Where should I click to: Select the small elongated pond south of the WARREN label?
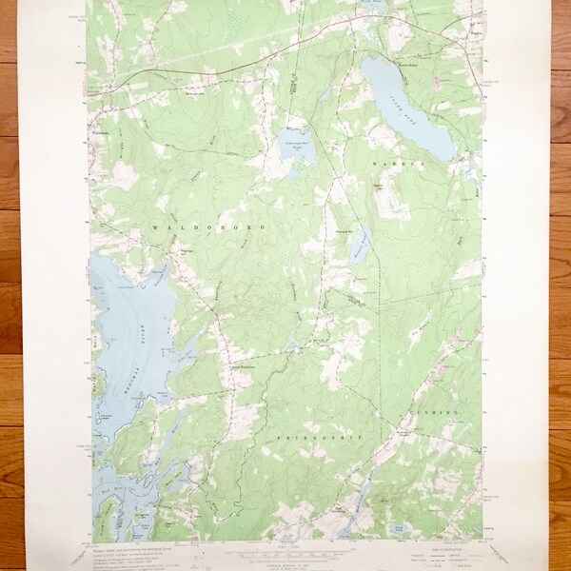click(x=358, y=248)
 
